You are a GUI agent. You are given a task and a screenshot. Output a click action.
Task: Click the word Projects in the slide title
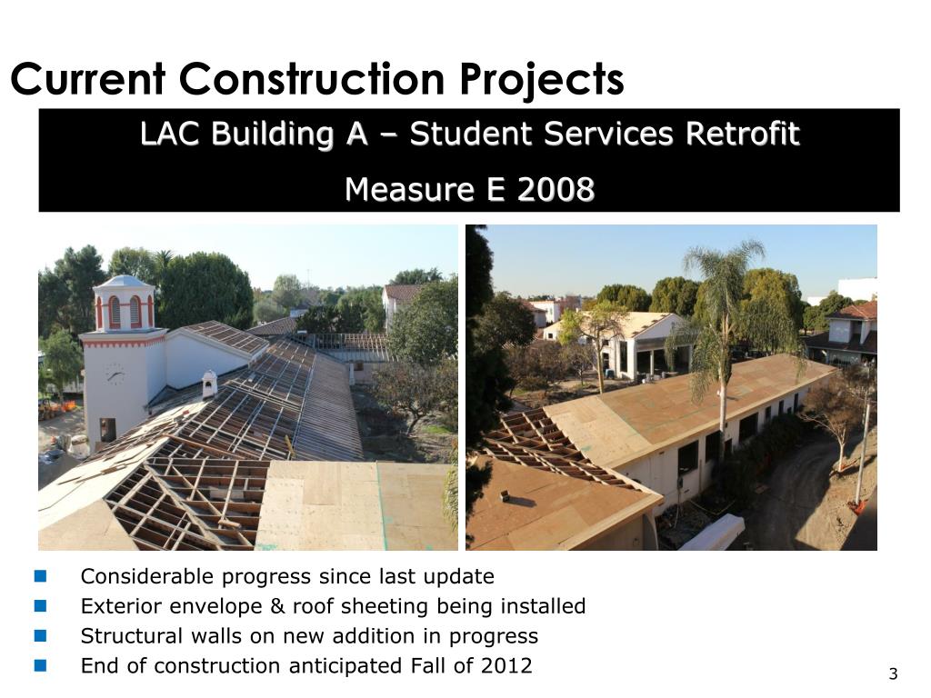point(542,80)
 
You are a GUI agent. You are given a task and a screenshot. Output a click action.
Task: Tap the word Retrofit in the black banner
point(742,135)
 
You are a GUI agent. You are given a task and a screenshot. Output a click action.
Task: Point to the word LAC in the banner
point(171,135)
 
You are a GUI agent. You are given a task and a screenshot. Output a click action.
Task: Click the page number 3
point(893,673)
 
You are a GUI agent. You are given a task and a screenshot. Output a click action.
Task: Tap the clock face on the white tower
point(115,373)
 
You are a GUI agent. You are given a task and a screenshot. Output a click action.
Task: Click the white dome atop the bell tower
point(124,282)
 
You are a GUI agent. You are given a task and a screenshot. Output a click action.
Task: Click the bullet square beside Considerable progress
point(40,576)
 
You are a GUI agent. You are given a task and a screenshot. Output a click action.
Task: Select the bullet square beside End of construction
point(40,665)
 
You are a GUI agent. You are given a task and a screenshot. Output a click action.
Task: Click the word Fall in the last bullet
point(435,665)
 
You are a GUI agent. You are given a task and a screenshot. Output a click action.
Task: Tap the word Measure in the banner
point(397,190)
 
